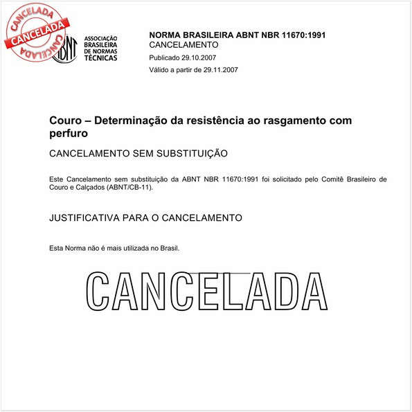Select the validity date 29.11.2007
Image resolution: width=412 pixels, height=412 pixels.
(216, 70)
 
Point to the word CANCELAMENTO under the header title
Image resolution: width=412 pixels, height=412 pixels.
(183, 44)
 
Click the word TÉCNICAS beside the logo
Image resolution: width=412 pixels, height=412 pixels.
(100, 58)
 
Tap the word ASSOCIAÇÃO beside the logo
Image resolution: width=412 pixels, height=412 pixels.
(101, 38)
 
